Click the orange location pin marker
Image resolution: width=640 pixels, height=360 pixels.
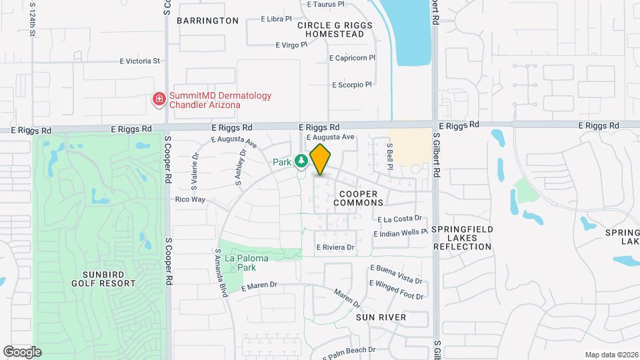click(x=320, y=159)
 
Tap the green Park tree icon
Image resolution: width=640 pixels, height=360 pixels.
click(x=302, y=161)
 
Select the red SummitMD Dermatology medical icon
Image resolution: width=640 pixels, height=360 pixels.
click(x=159, y=100)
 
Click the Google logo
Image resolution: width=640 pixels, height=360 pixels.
click(x=22, y=351)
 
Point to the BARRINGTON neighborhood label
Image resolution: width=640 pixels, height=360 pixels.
click(x=207, y=21)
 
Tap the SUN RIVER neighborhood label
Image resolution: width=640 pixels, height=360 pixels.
click(x=381, y=317)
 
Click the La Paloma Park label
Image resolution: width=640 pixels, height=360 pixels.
click(x=240, y=263)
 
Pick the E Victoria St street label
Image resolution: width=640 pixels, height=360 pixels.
click(x=140, y=61)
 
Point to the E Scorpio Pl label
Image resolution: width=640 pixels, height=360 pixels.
click(x=351, y=85)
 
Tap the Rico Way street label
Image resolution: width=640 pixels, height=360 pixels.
click(x=190, y=199)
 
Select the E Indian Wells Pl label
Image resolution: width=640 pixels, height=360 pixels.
click(x=400, y=233)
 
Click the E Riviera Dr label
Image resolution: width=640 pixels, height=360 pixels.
click(x=335, y=247)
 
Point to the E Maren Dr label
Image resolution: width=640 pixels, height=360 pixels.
click(x=259, y=286)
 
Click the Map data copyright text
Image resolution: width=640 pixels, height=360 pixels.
click(x=611, y=355)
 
